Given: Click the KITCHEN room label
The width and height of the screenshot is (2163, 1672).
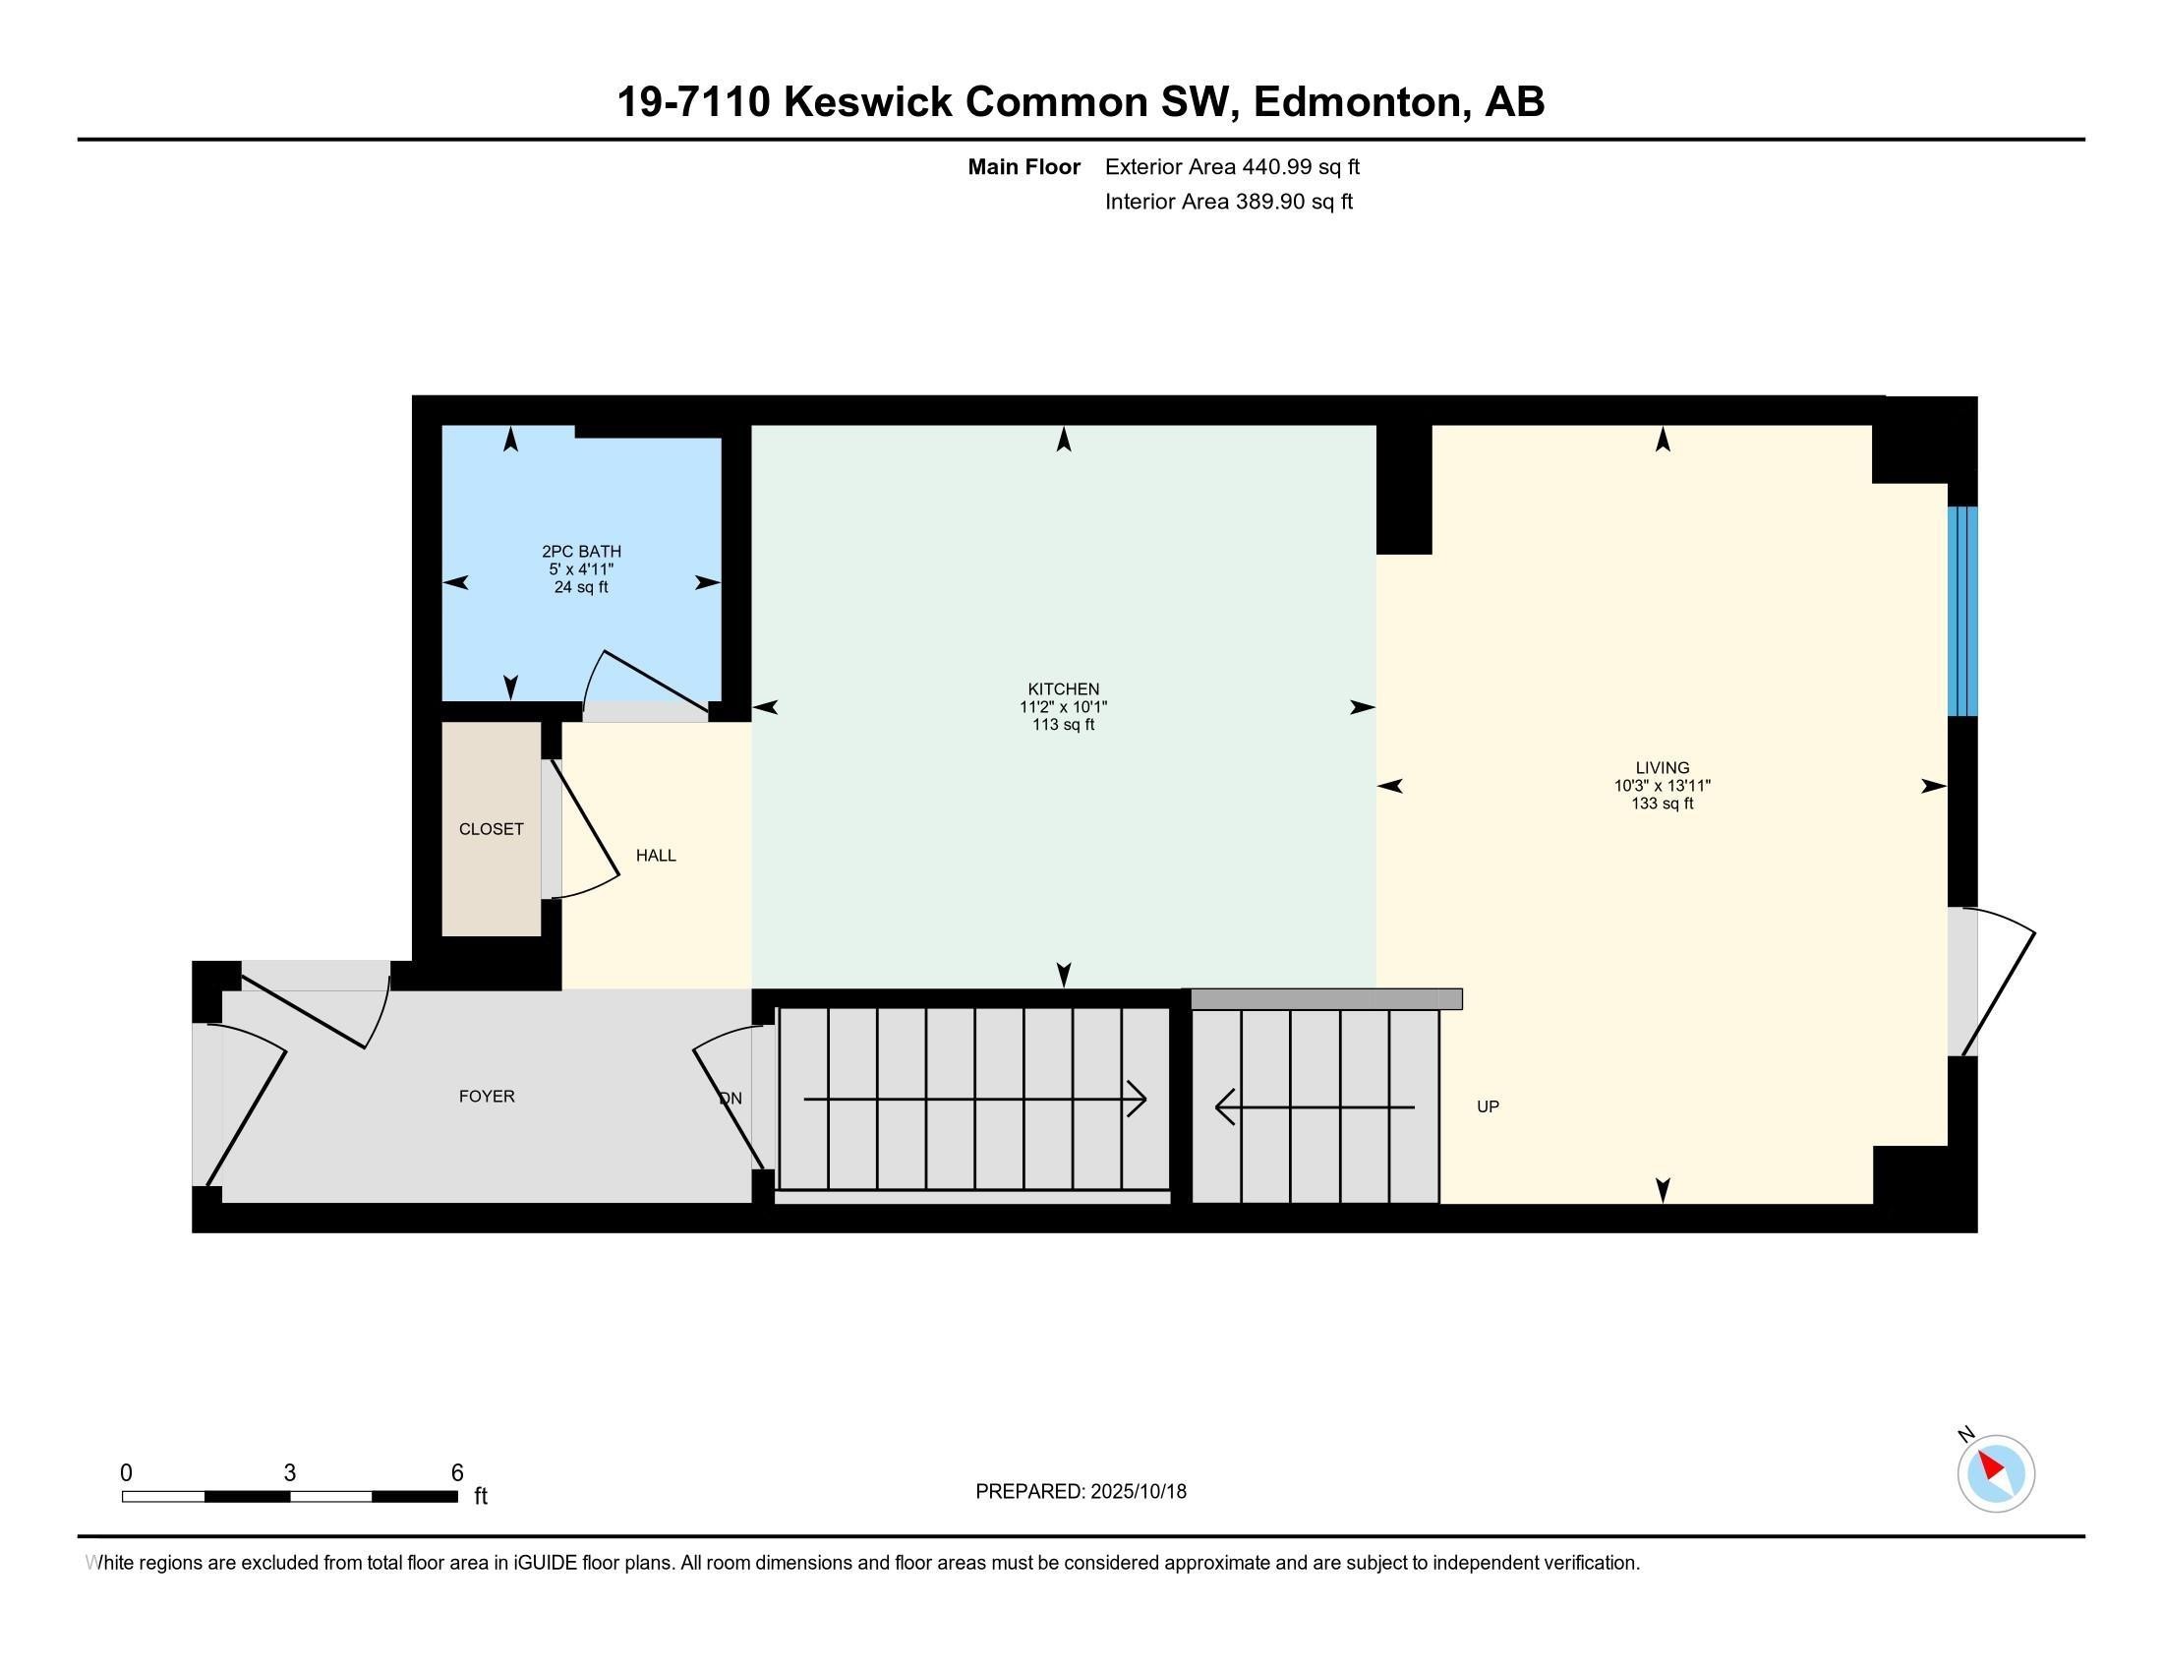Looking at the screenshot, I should click(1063, 688).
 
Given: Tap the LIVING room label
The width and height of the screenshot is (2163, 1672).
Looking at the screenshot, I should click(1662, 768).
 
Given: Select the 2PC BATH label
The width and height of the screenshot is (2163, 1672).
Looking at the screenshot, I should click(581, 552).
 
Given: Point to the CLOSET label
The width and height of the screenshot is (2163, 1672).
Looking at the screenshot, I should click(492, 829).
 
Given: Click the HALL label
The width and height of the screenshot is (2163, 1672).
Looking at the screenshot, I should click(656, 855).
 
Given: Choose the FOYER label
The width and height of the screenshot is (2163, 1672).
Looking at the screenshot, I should click(487, 1096).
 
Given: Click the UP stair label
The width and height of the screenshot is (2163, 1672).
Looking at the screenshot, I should click(1488, 1106).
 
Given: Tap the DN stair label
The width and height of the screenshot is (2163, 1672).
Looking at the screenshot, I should click(730, 1098).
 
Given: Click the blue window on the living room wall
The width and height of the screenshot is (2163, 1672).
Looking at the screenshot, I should click(1962, 611).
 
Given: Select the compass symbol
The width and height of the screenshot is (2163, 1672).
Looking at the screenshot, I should click(1996, 1473).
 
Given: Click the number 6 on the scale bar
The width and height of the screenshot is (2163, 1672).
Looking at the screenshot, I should click(456, 1472).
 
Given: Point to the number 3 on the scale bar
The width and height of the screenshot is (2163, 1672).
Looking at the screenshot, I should click(289, 1472).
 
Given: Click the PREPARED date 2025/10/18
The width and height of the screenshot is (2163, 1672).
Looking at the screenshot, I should click(1137, 1491).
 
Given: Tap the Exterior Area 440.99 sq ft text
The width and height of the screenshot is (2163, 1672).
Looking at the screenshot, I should click(1232, 166).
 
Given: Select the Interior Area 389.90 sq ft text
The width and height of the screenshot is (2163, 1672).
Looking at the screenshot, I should click(1228, 201).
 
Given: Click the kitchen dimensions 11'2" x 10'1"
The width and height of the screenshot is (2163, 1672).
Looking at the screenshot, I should click(1063, 706).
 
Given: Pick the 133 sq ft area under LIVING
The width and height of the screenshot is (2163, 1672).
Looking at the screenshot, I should click(1662, 804).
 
